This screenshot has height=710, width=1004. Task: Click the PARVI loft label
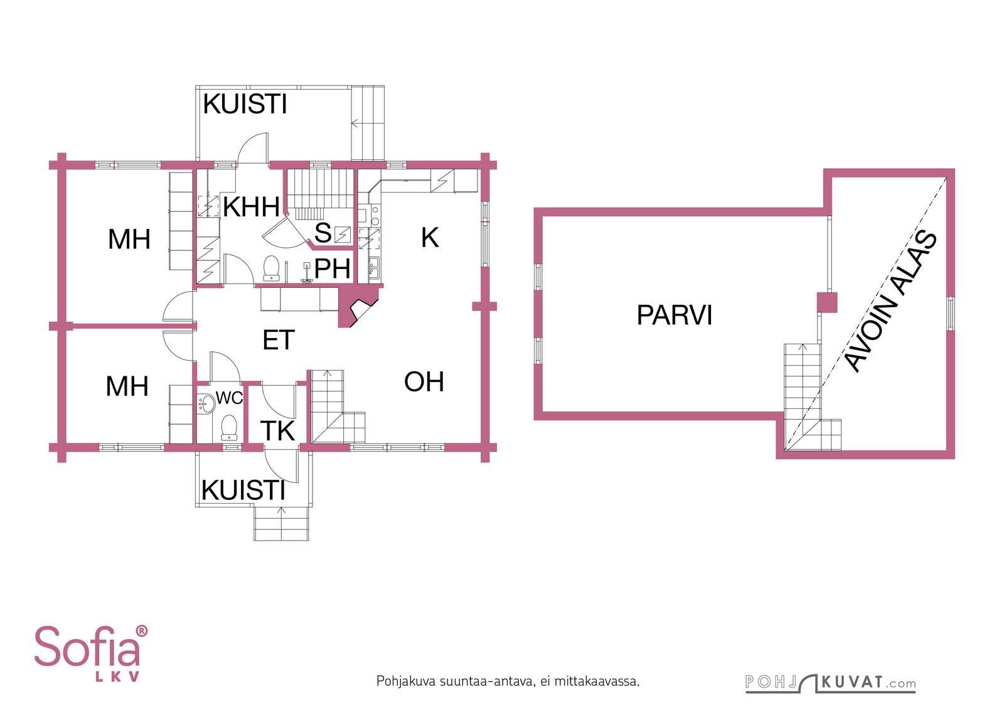coord(674,315)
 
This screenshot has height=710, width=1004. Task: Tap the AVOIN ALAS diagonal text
coord(891,302)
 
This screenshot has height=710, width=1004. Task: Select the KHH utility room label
coord(251,207)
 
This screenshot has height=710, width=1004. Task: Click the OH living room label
coord(424,381)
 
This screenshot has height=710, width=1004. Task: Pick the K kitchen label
coord(430,238)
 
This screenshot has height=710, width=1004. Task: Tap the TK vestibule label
coord(277,431)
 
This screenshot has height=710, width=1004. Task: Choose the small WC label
coord(229,397)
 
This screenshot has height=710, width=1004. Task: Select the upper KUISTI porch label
coord(245,104)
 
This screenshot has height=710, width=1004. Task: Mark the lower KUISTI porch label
coord(243,490)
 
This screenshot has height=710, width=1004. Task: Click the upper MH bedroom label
coord(129,239)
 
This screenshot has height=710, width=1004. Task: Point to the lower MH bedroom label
coord(127,386)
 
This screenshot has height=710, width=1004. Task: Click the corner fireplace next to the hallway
coord(358,307)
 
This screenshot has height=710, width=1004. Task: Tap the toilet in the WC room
coord(229,428)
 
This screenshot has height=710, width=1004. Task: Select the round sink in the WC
coord(206,403)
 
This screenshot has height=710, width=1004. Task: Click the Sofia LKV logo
coord(91,654)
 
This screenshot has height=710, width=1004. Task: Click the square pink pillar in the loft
coord(827,302)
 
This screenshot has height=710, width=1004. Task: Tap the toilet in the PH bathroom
coord(271,268)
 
